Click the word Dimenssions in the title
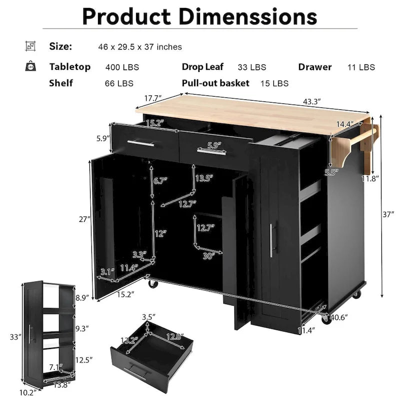247,16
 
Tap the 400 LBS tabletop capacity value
122,67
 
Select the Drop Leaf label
202,67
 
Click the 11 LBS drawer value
361,67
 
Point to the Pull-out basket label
215,83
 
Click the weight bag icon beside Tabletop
30,66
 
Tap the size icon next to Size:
30,46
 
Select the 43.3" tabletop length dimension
311,101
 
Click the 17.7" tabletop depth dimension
153,98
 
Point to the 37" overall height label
388,214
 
